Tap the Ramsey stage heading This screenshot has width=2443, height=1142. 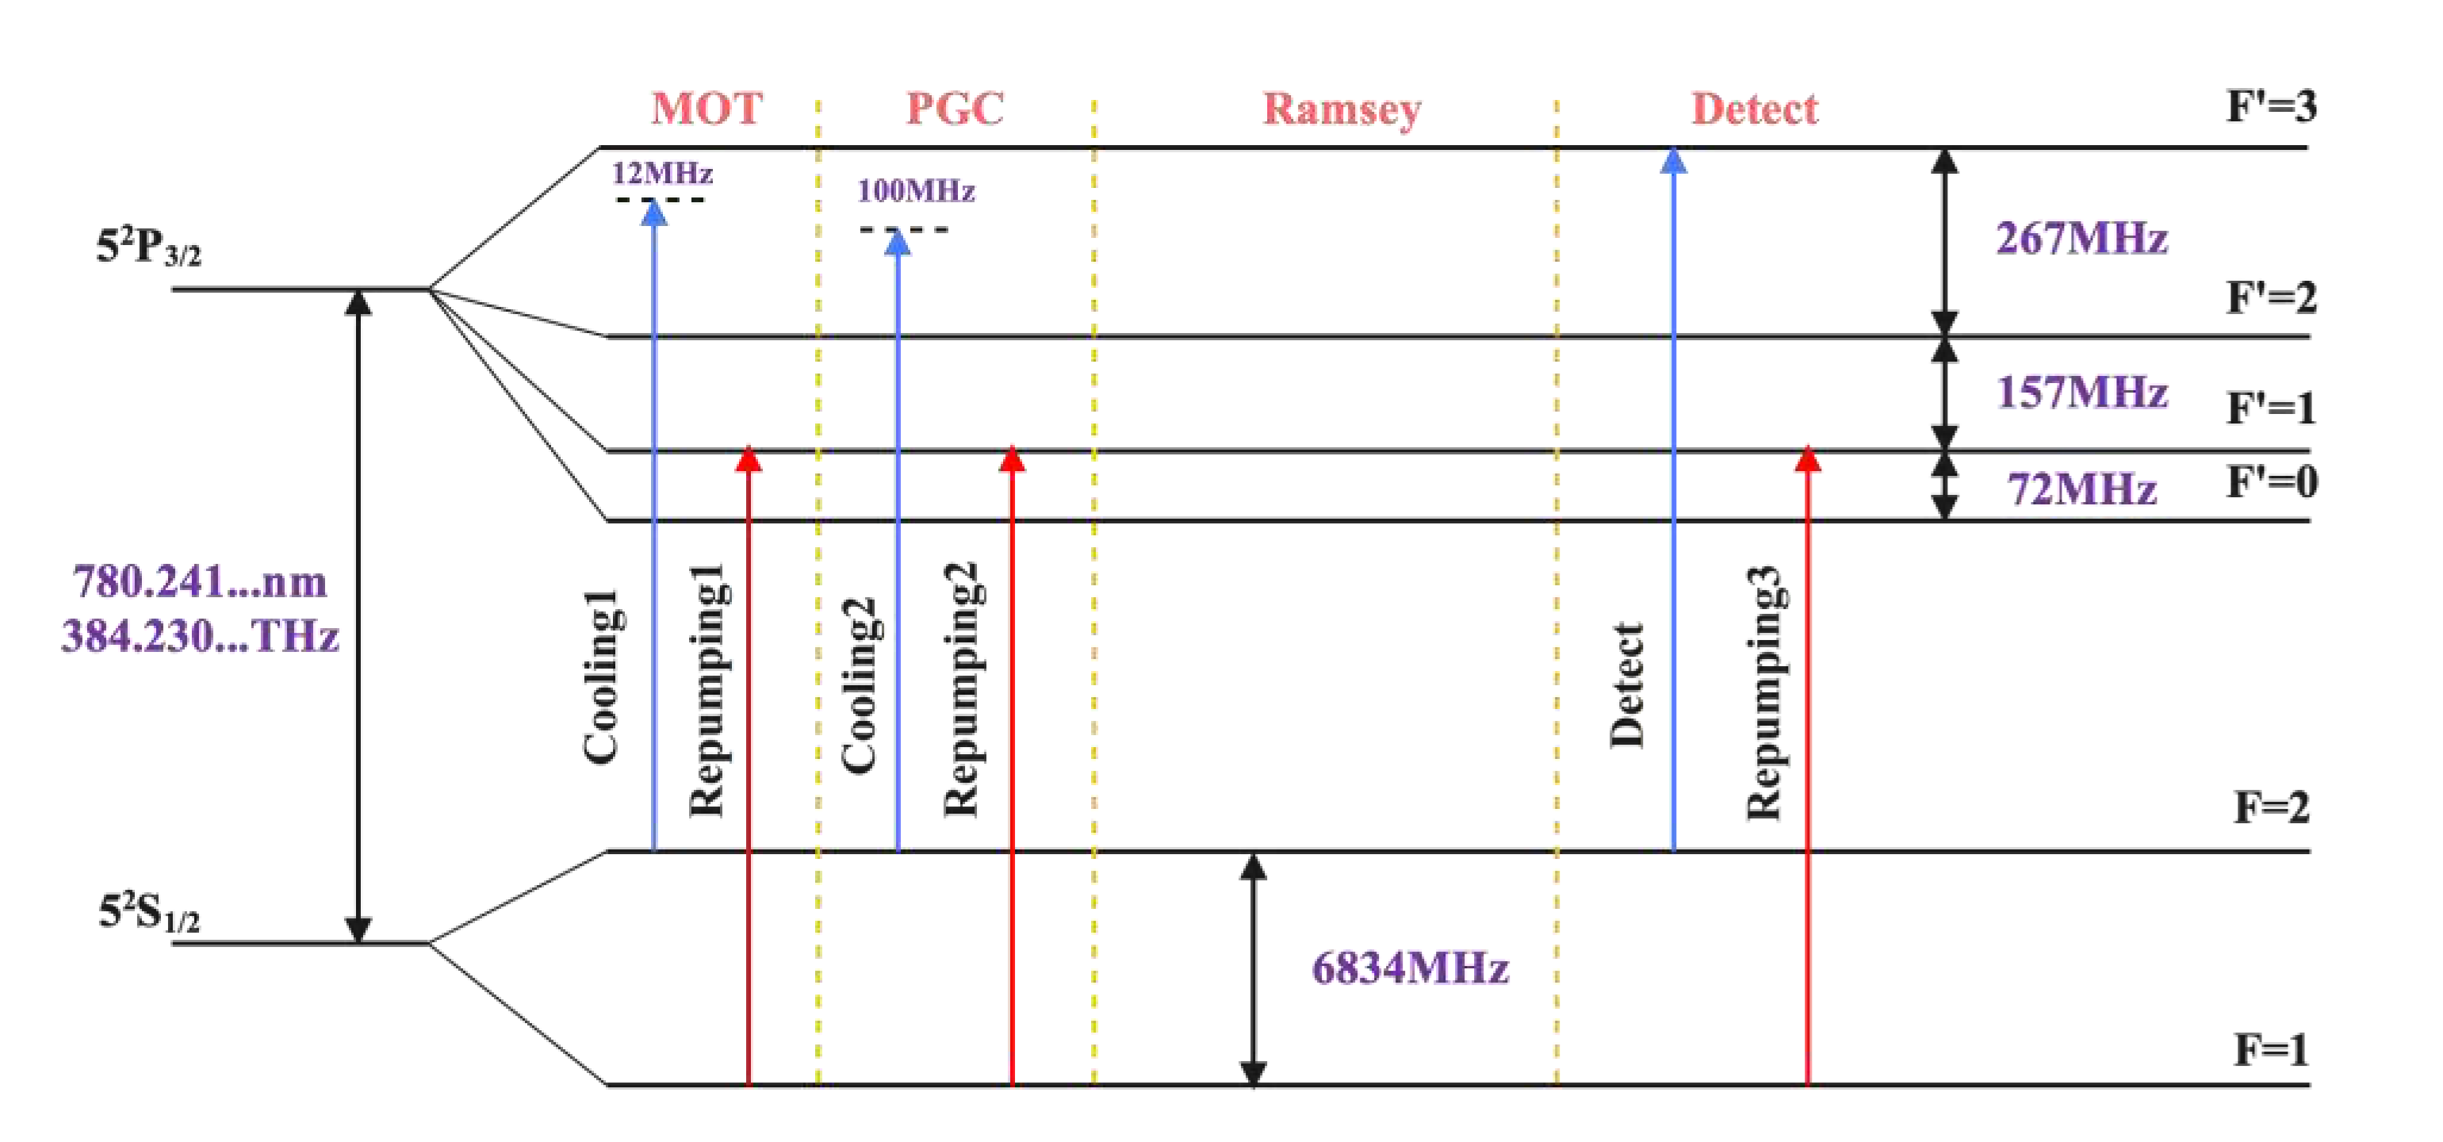click(x=1341, y=110)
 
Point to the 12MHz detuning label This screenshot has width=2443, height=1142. click(x=661, y=174)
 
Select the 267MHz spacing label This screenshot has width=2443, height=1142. click(x=2081, y=238)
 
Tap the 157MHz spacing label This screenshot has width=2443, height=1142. click(x=2081, y=392)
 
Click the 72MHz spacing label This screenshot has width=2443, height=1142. click(x=2081, y=489)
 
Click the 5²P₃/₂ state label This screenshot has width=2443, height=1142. click(x=148, y=247)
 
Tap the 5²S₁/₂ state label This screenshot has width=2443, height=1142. click(x=148, y=914)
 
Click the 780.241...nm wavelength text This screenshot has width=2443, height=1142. click(x=199, y=581)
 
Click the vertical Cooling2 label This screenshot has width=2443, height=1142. click(x=860, y=685)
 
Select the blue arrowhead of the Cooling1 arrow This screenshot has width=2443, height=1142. click(x=653, y=213)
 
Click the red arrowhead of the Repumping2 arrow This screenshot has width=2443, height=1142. click(x=1012, y=459)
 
